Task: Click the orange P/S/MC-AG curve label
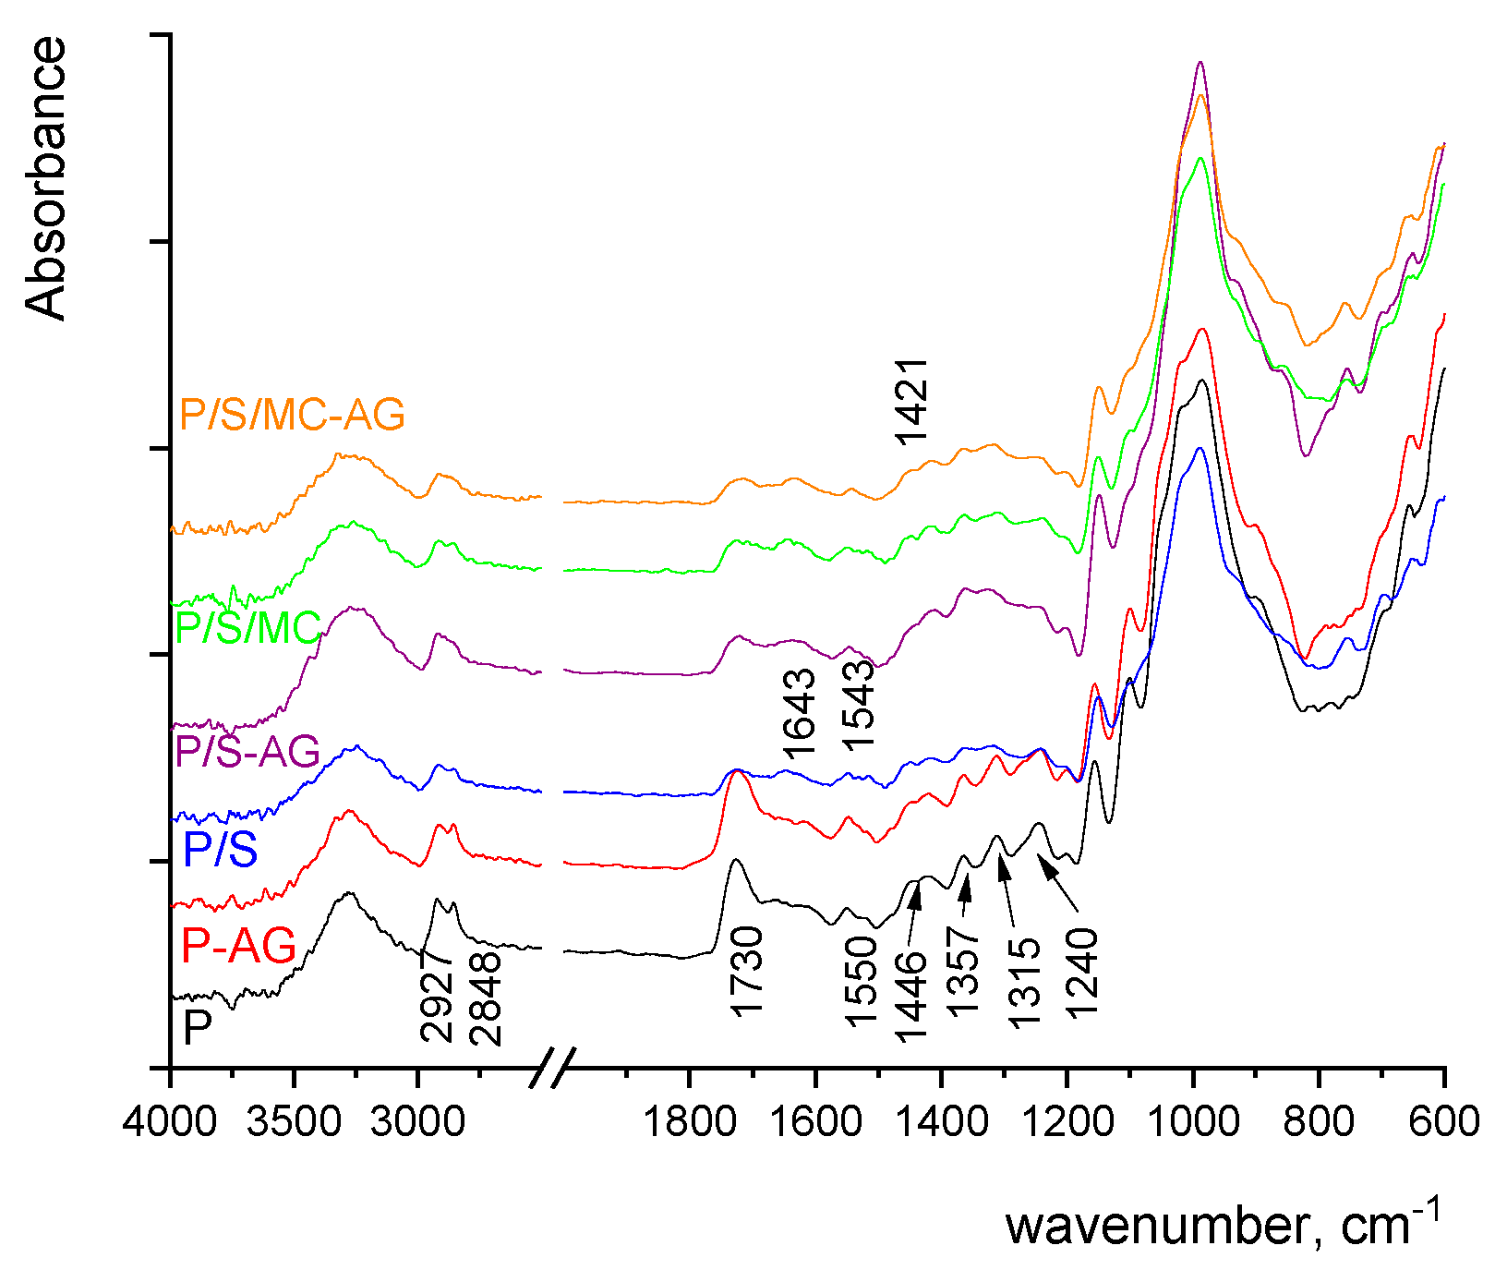(x=292, y=415)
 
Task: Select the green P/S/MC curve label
(x=247, y=628)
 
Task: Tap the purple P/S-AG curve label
(x=247, y=751)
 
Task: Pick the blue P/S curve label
(x=220, y=849)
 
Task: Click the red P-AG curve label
(x=238, y=945)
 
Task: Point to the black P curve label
(x=198, y=1027)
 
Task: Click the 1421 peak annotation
(x=912, y=402)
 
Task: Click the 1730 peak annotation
(x=747, y=972)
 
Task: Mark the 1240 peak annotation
(x=1082, y=973)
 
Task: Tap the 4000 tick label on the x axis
(x=171, y=1121)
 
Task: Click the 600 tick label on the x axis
(x=1443, y=1121)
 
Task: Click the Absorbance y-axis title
(x=46, y=177)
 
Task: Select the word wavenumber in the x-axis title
(x=1154, y=1226)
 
